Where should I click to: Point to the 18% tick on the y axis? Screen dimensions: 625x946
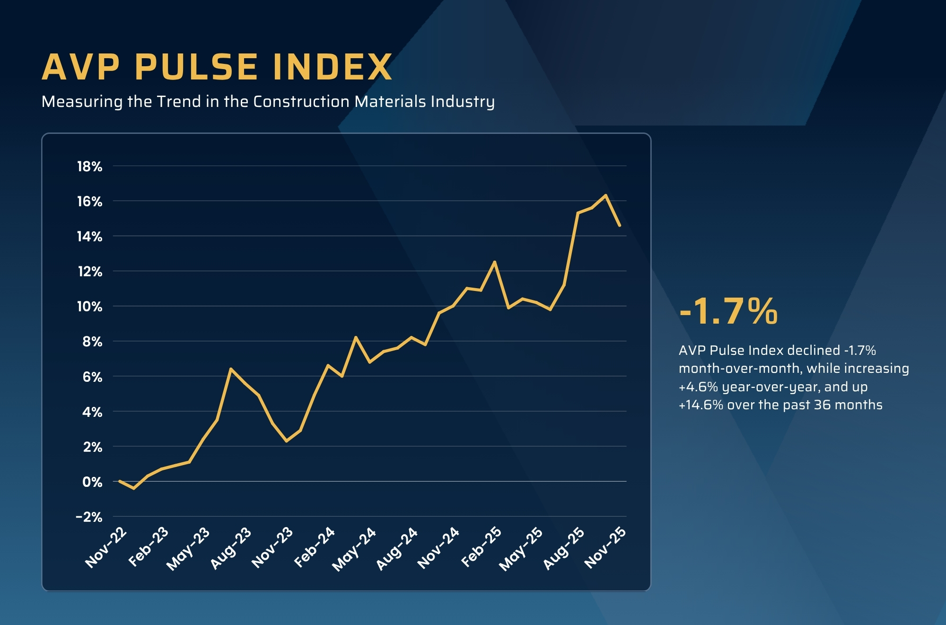(90, 167)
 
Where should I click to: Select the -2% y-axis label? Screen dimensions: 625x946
(89, 517)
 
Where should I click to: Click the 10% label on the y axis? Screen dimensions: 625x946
(90, 307)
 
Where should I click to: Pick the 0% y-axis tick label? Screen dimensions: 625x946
(92, 482)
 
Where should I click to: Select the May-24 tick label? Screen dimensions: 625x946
(354, 549)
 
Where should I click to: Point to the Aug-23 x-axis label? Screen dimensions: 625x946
(231, 548)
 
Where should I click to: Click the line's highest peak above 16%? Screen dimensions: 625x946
(605, 195)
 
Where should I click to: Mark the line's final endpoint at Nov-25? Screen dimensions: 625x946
(620, 226)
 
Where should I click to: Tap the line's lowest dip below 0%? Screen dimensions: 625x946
(134, 488)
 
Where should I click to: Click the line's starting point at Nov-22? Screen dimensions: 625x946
(119, 481)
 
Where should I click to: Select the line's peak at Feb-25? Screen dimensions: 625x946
(495, 262)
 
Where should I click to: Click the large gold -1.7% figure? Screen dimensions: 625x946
(728, 312)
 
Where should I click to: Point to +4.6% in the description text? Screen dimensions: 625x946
(698, 387)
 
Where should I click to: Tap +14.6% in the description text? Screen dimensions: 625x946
(701, 405)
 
